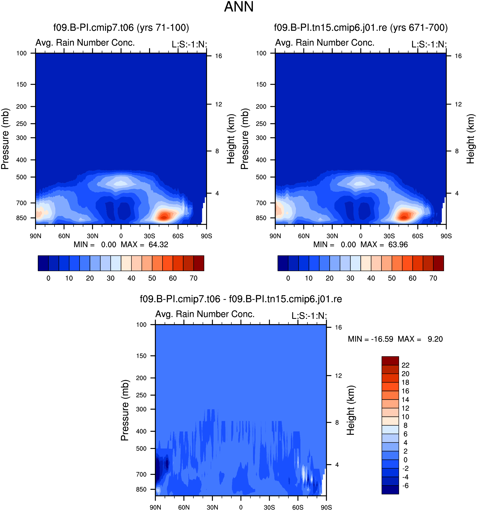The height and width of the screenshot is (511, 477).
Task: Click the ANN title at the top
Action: (239, 7)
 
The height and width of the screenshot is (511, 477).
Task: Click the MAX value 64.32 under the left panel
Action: (158, 245)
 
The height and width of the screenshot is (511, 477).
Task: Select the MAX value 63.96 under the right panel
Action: (398, 245)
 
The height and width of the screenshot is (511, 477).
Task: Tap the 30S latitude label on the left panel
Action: (149, 236)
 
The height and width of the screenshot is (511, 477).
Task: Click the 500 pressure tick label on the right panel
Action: (261, 177)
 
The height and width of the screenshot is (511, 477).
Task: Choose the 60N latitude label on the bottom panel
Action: (184, 507)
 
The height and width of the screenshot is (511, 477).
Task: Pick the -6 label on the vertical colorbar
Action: (405, 485)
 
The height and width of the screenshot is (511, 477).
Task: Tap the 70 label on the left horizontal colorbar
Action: (193, 278)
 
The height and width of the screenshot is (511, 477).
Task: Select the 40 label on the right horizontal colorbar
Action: (371, 278)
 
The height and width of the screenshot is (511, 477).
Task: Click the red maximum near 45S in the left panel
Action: (164, 217)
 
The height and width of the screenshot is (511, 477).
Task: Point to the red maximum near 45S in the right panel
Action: (404, 217)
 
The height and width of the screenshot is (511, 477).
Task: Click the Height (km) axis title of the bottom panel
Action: (350, 410)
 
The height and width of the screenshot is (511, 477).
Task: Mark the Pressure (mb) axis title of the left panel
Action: (5, 139)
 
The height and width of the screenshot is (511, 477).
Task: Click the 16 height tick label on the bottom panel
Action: (338, 327)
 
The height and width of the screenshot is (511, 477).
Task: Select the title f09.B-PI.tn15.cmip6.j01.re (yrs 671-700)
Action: (361, 27)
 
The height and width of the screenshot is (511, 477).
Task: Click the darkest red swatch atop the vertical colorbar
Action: (390, 361)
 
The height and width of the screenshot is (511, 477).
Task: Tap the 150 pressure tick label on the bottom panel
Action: (141, 356)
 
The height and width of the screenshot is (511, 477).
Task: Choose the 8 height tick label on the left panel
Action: (217, 151)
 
